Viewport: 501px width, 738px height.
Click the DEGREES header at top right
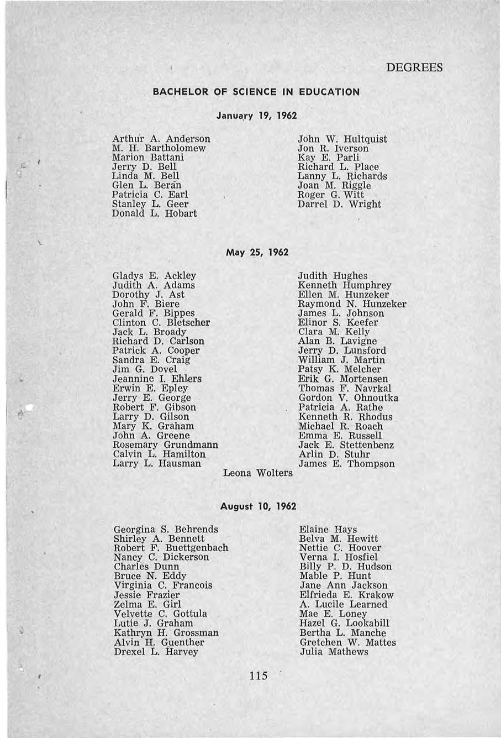click(414, 67)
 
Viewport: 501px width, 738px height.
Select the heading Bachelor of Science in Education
click(256, 92)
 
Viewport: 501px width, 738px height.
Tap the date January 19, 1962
click(257, 116)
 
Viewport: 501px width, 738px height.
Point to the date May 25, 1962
click(257, 252)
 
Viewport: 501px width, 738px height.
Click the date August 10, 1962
click(258, 506)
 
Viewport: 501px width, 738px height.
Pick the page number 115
click(258, 675)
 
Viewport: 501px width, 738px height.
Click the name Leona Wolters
click(258, 473)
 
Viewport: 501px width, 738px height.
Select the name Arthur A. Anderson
click(161, 139)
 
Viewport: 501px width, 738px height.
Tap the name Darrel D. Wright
click(339, 204)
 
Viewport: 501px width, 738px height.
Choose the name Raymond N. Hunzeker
click(352, 304)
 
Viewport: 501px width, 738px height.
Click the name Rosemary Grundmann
click(165, 445)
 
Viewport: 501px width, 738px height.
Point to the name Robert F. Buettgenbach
click(171, 548)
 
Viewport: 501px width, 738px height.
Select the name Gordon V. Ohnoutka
click(348, 398)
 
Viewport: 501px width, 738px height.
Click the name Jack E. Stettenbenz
click(346, 445)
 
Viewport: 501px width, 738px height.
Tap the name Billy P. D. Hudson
click(346, 567)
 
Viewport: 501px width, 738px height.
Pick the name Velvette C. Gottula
click(160, 614)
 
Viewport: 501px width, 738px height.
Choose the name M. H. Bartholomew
click(159, 148)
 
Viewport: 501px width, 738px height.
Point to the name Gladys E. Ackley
click(154, 275)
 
